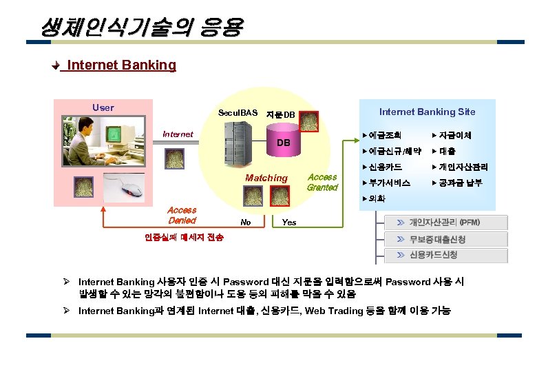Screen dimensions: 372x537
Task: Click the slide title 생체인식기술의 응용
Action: [x=141, y=28]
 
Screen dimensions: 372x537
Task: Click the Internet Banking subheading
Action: [x=121, y=65]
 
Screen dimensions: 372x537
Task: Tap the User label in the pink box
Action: [x=103, y=107]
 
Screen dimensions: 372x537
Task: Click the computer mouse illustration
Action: [x=130, y=188]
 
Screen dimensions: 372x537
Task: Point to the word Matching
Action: [x=266, y=178]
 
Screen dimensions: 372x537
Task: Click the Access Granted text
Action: [x=322, y=182]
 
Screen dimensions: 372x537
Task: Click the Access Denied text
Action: [x=182, y=215]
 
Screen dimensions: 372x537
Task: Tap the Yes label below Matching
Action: [x=289, y=223]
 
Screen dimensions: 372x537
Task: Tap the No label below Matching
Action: [x=245, y=223]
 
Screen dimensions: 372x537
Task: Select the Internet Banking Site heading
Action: [x=427, y=112]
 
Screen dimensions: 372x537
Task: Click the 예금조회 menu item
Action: [x=386, y=135]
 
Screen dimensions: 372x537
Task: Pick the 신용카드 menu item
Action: [x=386, y=167]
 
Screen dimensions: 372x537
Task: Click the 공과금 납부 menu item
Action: [x=460, y=183]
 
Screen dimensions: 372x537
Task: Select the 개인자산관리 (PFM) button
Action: [x=444, y=223]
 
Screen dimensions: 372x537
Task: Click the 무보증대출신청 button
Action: [x=437, y=239]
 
